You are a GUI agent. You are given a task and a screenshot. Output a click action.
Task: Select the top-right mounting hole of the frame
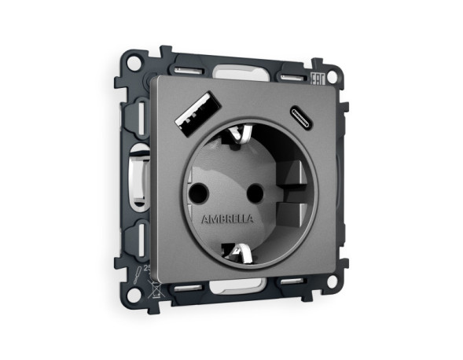point(333,78)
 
